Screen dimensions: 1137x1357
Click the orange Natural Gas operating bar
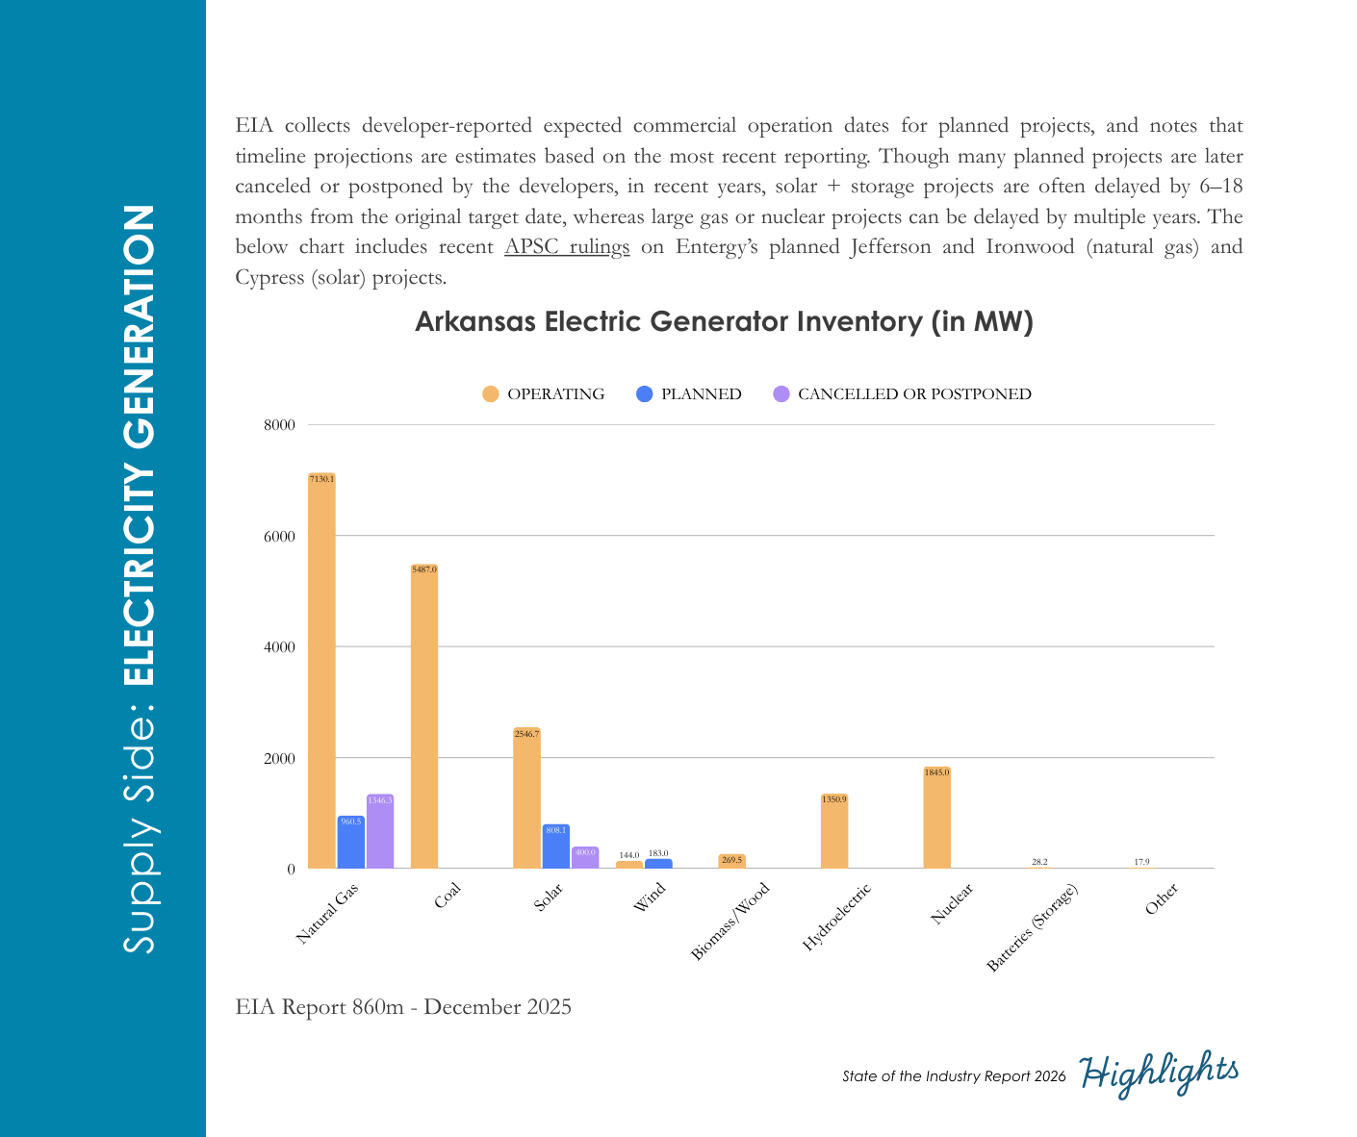coord(321,673)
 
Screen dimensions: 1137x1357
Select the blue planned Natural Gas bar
coord(351,844)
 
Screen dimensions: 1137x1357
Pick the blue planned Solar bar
coord(556,847)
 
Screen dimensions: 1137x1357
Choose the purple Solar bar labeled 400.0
coord(585,858)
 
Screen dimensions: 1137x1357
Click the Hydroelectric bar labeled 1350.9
coord(834,833)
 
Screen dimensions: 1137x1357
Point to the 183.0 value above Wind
coord(658,853)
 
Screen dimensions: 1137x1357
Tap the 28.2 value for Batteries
coord(1039,862)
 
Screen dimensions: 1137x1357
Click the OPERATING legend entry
coord(544,394)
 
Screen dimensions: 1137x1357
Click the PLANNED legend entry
coord(689,394)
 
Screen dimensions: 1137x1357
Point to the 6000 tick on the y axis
coord(279,537)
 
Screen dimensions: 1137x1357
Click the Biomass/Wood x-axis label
coord(731,922)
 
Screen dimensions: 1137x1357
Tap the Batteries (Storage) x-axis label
coord(1033,927)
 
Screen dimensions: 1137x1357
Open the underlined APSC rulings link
coord(567,247)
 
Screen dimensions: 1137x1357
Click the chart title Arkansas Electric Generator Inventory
coord(724,321)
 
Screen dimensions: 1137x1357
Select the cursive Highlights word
coord(1159,1073)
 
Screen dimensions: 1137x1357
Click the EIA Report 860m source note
coord(403,1007)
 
